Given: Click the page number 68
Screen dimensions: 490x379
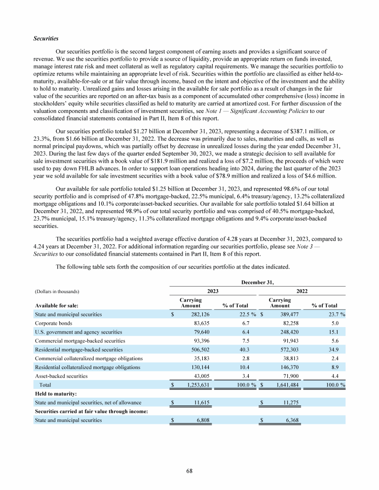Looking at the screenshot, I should click(189, 471).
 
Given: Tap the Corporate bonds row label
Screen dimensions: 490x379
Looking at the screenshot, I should click(53, 323).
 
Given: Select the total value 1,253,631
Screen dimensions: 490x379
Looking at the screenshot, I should click(195, 385).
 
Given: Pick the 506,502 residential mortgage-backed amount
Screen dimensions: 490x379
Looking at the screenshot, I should click(199, 349).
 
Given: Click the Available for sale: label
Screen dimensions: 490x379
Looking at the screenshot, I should click(55, 305).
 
